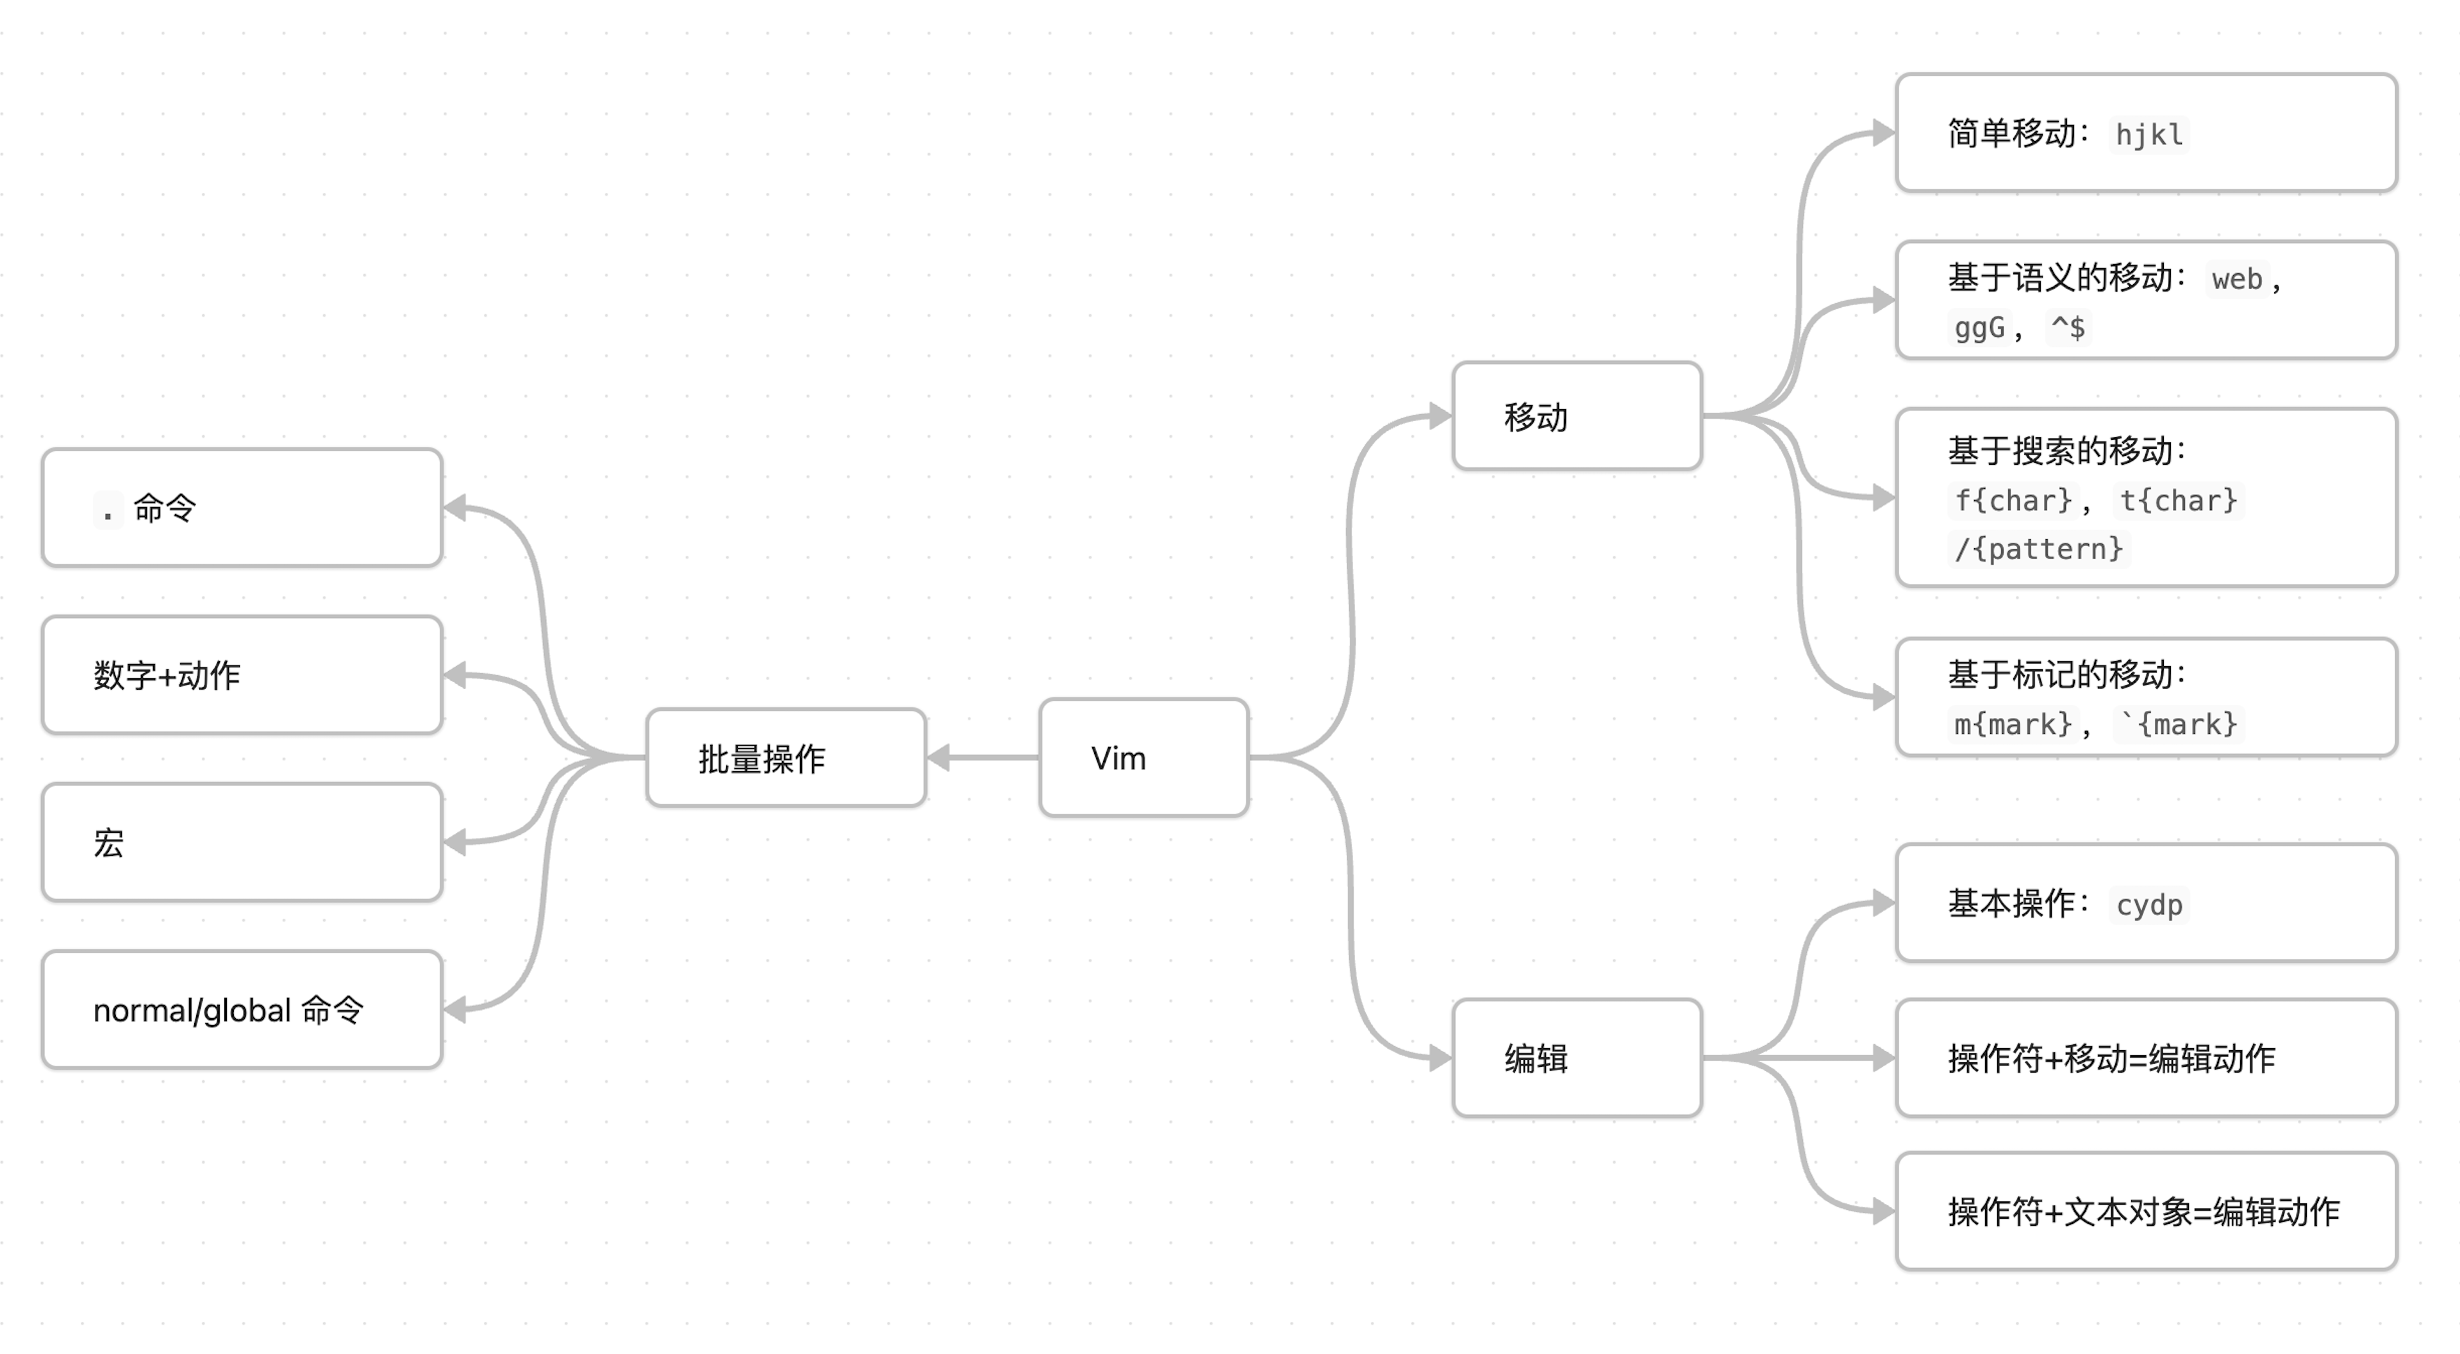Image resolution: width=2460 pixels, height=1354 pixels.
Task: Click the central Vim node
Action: click(x=1143, y=757)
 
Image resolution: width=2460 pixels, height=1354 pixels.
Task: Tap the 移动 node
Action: click(x=1577, y=416)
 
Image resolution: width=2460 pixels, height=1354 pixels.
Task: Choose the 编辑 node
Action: click(x=1577, y=1058)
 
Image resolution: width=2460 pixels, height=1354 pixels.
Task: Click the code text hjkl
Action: click(x=2148, y=135)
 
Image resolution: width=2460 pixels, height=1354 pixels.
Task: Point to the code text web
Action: click(x=2236, y=280)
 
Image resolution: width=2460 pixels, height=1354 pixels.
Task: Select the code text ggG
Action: click(x=1979, y=328)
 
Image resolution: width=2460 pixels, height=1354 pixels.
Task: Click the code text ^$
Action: click(x=2068, y=328)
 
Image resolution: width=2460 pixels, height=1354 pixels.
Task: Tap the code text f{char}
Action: click(x=2012, y=500)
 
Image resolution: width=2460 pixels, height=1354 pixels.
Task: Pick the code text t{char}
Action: click(x=2178, y=500)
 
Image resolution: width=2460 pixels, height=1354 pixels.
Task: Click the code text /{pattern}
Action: click(x=2038, y=549)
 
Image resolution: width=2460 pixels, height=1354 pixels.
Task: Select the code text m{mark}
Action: click(x=2012, y=724)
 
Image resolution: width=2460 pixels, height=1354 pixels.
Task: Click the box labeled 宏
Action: click(x=242, y=842)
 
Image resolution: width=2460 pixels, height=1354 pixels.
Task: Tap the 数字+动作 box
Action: click(x=242, y=675)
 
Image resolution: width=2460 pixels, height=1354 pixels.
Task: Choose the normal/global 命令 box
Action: click(x=242, y=1009)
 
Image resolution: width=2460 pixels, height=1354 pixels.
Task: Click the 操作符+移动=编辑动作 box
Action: click(x=2146, y=1058)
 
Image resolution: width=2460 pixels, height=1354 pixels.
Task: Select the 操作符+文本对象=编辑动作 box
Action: click(x=2146, y=1212)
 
